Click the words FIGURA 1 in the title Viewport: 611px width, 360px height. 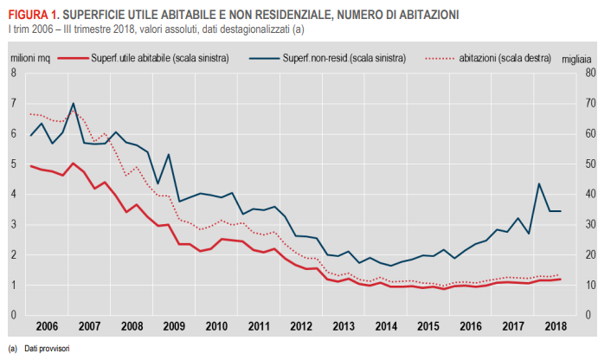[32, 15]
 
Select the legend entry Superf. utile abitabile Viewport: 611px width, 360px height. [159, 58]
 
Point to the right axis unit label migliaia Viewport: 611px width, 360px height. [588, 58]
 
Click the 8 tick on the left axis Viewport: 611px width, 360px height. [13, 73]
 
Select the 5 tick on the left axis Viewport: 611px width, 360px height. [13, 164]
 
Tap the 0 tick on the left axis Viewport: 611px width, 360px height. [13, 315]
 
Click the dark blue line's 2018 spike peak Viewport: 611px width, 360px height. [539, 183]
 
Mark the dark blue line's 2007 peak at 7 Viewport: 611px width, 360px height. [73, 104]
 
